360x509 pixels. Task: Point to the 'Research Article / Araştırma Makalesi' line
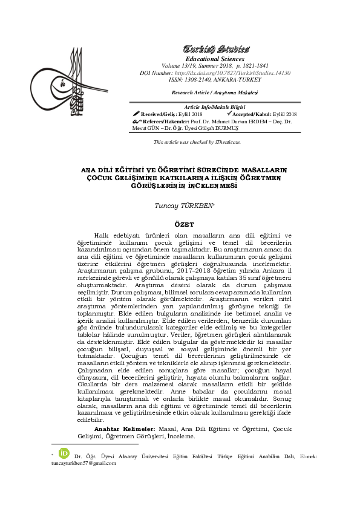[215, 92]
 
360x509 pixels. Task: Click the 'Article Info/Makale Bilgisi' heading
[215, 106]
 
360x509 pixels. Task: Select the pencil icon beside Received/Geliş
[136, 114]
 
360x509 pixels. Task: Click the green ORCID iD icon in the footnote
[64, 453]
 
